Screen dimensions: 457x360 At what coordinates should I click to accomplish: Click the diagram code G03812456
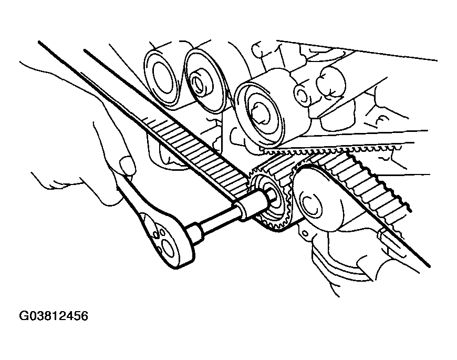[54, 316]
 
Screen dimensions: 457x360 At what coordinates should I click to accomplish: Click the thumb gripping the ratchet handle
[128, 166]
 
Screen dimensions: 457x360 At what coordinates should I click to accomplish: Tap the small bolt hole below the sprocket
[305, 233]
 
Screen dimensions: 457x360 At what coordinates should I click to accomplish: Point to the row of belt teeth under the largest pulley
[329, 151]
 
